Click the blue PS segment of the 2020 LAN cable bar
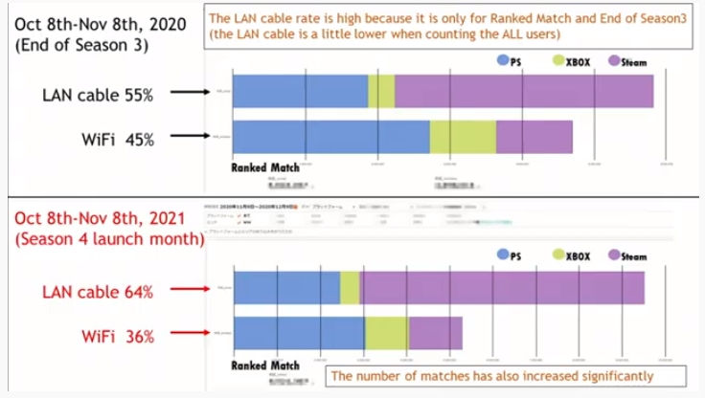click(300, 92)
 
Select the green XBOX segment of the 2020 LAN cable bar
click(381, 92)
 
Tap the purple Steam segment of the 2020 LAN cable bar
click(523, 92)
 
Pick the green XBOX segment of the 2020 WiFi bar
click(463, 137)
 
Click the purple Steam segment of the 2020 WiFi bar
click(534, 137)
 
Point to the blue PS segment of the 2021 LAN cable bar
click(286, 288)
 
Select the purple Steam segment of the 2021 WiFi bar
click(435, 333)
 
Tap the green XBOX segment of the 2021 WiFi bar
click(386, 333)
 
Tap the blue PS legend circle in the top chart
click(503, 61)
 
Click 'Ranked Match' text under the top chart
click(265, 166)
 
